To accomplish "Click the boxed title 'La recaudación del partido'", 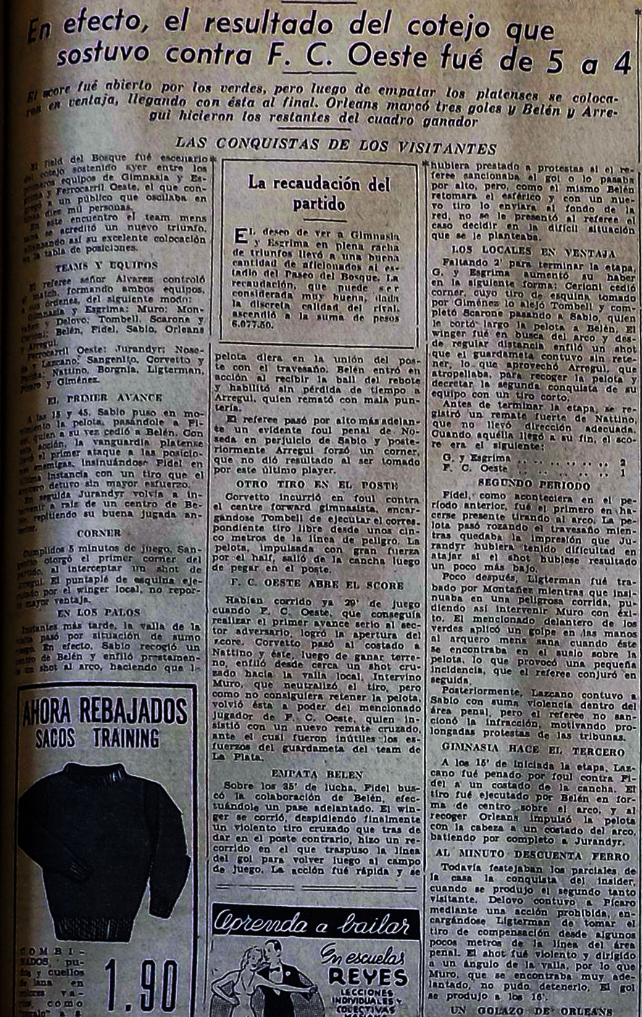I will pos(320,194).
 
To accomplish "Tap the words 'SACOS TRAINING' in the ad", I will pos(98,739).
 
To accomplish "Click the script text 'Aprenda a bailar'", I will pos(313,924).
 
